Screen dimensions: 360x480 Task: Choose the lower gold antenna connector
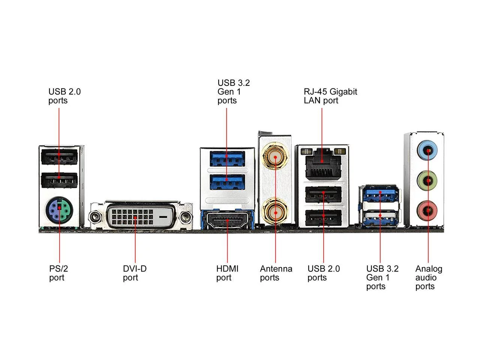click(275, 212)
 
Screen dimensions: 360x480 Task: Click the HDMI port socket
click(228, 220)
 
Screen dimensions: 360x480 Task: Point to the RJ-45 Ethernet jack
click(322, 163)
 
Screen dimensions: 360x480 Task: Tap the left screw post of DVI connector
click(95, 217)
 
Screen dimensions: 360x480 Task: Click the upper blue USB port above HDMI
click(227, 159)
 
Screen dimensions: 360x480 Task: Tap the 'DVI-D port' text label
click(135, 273)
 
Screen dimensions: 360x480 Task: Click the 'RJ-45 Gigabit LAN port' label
click(330, 96)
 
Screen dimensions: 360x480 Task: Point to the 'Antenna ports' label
click(276, 273)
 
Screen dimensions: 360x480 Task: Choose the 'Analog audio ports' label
click(429, 277)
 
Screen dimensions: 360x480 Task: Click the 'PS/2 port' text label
click(58, 273)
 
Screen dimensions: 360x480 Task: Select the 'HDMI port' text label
click(227, 273)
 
